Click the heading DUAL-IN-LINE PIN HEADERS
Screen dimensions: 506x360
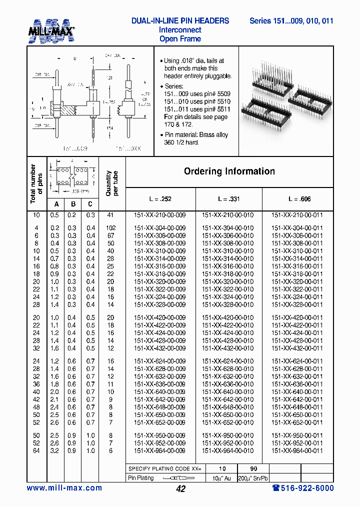(x=180, y=21)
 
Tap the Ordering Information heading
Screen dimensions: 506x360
(x=229, y=171)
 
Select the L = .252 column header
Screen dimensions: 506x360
(x=159, y=199)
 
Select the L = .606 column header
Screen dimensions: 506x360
(x=299, y=199)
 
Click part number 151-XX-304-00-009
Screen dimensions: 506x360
(x=159, y=227)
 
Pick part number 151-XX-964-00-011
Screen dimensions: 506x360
(x=297, y=450)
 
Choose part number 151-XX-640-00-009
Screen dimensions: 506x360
(x=159, y=392)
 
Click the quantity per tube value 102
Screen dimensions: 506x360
(x=110, y=227)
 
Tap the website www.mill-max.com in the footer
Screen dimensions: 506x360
(x=64, y=488)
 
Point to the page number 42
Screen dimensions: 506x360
(x=181, y=489)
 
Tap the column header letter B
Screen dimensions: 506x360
(x=73, y=204)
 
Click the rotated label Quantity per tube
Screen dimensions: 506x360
(x=111, y=183)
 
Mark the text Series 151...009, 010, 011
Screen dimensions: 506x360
(x=291, y=21)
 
